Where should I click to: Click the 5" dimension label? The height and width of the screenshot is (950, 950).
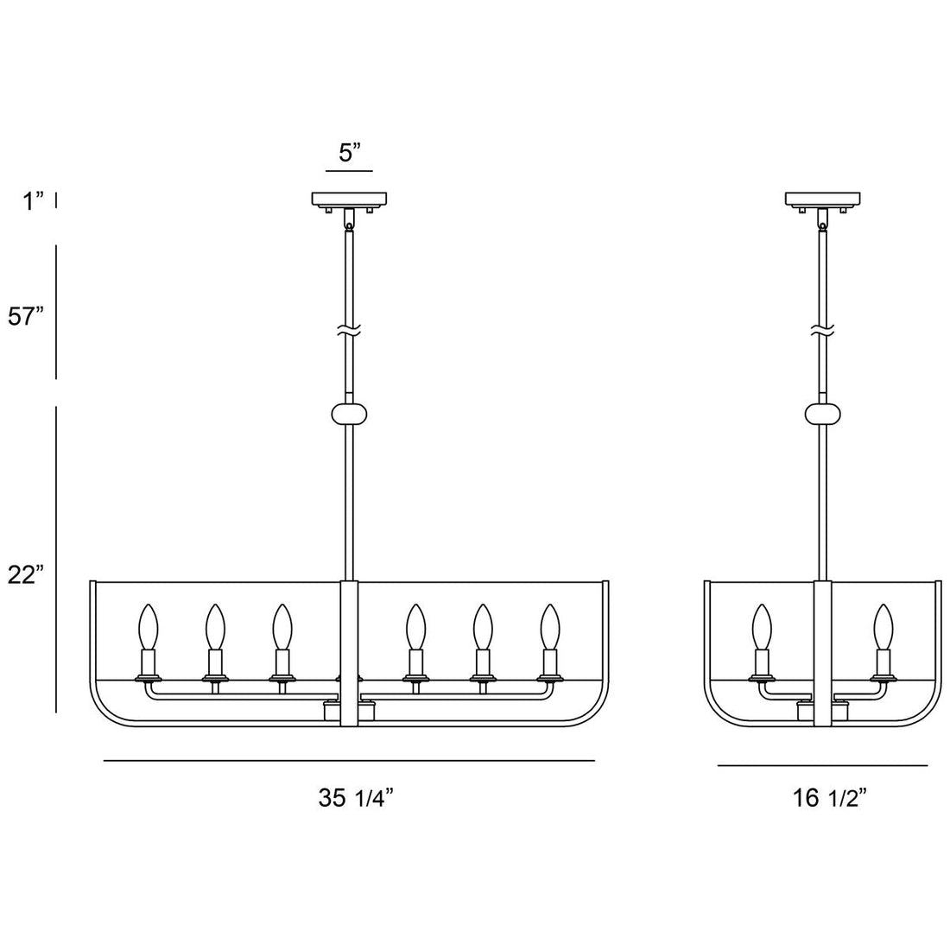(349, 154)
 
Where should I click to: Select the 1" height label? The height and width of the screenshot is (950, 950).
(34, 201)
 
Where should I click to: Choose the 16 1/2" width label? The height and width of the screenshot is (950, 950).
(829, 799)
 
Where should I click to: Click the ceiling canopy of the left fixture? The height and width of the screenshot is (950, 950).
(350, 199)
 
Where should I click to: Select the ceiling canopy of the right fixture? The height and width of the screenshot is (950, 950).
(823, 199)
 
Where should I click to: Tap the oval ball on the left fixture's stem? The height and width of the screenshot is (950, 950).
(349, 414)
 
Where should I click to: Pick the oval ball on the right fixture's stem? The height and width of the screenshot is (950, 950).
(823, 414)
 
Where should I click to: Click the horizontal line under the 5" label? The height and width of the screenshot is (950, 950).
(349, 174)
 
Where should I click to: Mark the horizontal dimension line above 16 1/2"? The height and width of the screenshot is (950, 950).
(822, 765)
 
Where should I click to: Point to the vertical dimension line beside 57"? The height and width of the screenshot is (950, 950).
(56, 312)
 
